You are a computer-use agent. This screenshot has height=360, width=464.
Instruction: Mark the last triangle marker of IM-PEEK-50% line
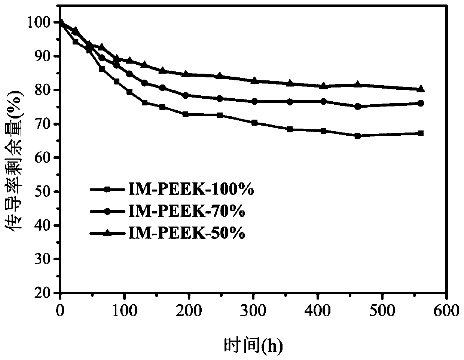click(420, 89)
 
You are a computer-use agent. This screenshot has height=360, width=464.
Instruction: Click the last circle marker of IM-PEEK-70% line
click(420, 103)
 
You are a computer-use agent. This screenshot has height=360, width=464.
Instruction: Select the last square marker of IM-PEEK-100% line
click(420, 133)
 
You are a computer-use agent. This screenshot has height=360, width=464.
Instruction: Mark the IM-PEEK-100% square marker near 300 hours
click(254, 123)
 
